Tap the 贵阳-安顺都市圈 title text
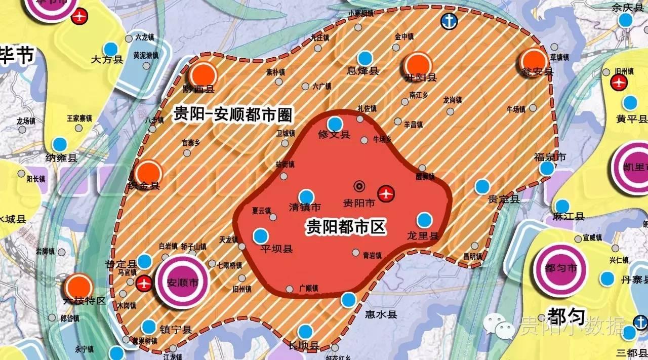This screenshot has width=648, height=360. click(233, 114)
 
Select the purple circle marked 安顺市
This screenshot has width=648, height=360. click(182, 283)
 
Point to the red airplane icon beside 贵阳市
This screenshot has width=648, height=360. click(386, 193)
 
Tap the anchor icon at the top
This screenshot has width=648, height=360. click(448, 21)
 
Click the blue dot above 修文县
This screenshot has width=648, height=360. click(335, 124)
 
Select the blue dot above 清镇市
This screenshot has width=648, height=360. click(306, 197)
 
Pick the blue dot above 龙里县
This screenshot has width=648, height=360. click(424, 220)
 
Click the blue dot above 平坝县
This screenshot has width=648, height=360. click(261, 236)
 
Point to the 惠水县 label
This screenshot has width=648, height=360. click(381, 314)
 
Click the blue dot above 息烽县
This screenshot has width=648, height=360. click(364, 59)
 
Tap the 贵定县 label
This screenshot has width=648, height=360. click(504, 199)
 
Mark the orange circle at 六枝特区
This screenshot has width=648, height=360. click(78, 287)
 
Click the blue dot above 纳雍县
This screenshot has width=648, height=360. click(60, 144)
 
